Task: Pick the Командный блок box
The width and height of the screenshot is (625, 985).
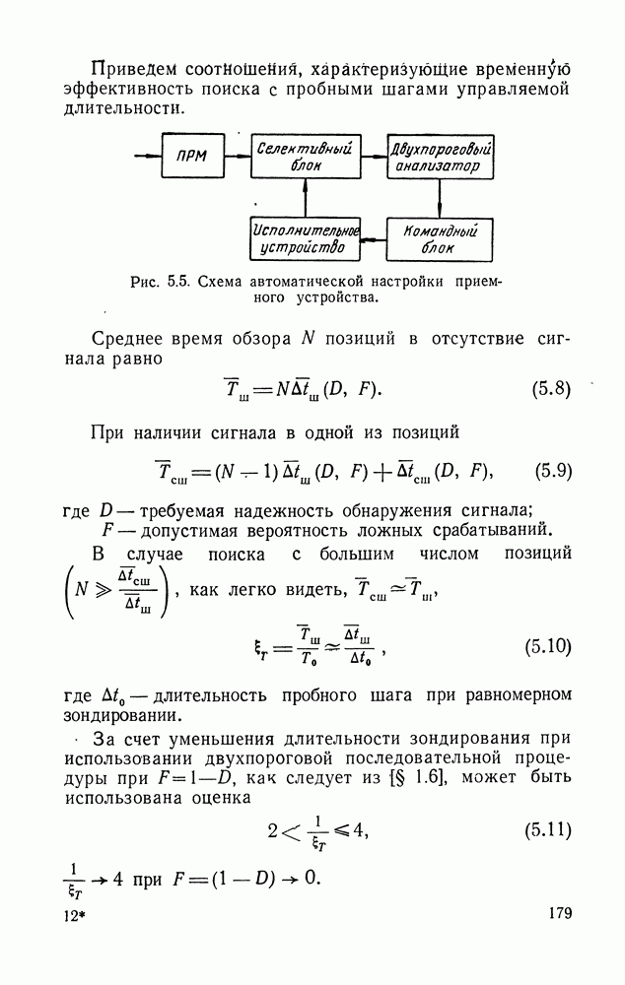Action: click(441, 238)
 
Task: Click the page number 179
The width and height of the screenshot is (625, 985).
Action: click(559, 914)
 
